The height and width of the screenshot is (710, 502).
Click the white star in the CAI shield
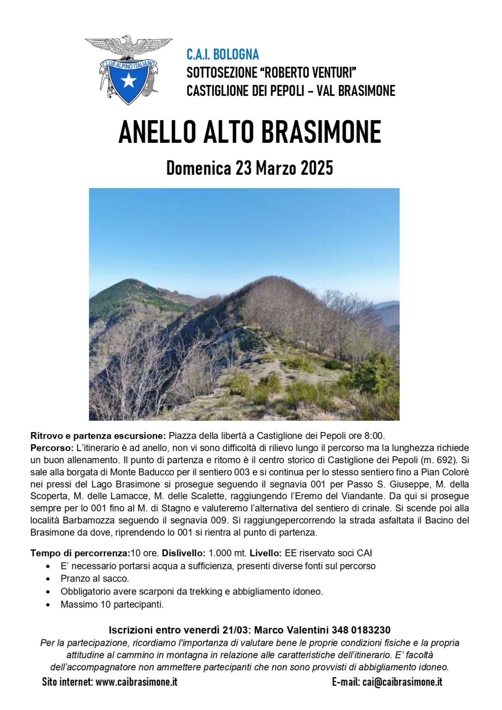[129, 81]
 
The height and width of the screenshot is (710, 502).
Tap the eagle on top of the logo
[129, 46]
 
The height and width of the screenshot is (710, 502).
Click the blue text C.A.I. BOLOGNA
[222, 55]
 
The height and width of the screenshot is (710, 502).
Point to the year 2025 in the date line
[317, 168]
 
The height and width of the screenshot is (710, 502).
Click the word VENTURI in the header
[332, 73]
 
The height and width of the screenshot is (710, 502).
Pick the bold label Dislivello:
[184, 553]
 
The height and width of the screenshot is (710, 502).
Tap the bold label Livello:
[265, 553]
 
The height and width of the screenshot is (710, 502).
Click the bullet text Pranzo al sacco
[95, 579]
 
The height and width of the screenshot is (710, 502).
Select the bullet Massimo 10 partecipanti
[112, 605]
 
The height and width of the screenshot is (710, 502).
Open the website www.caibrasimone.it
[136, 682]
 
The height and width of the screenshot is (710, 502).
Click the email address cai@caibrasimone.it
[402, 682]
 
